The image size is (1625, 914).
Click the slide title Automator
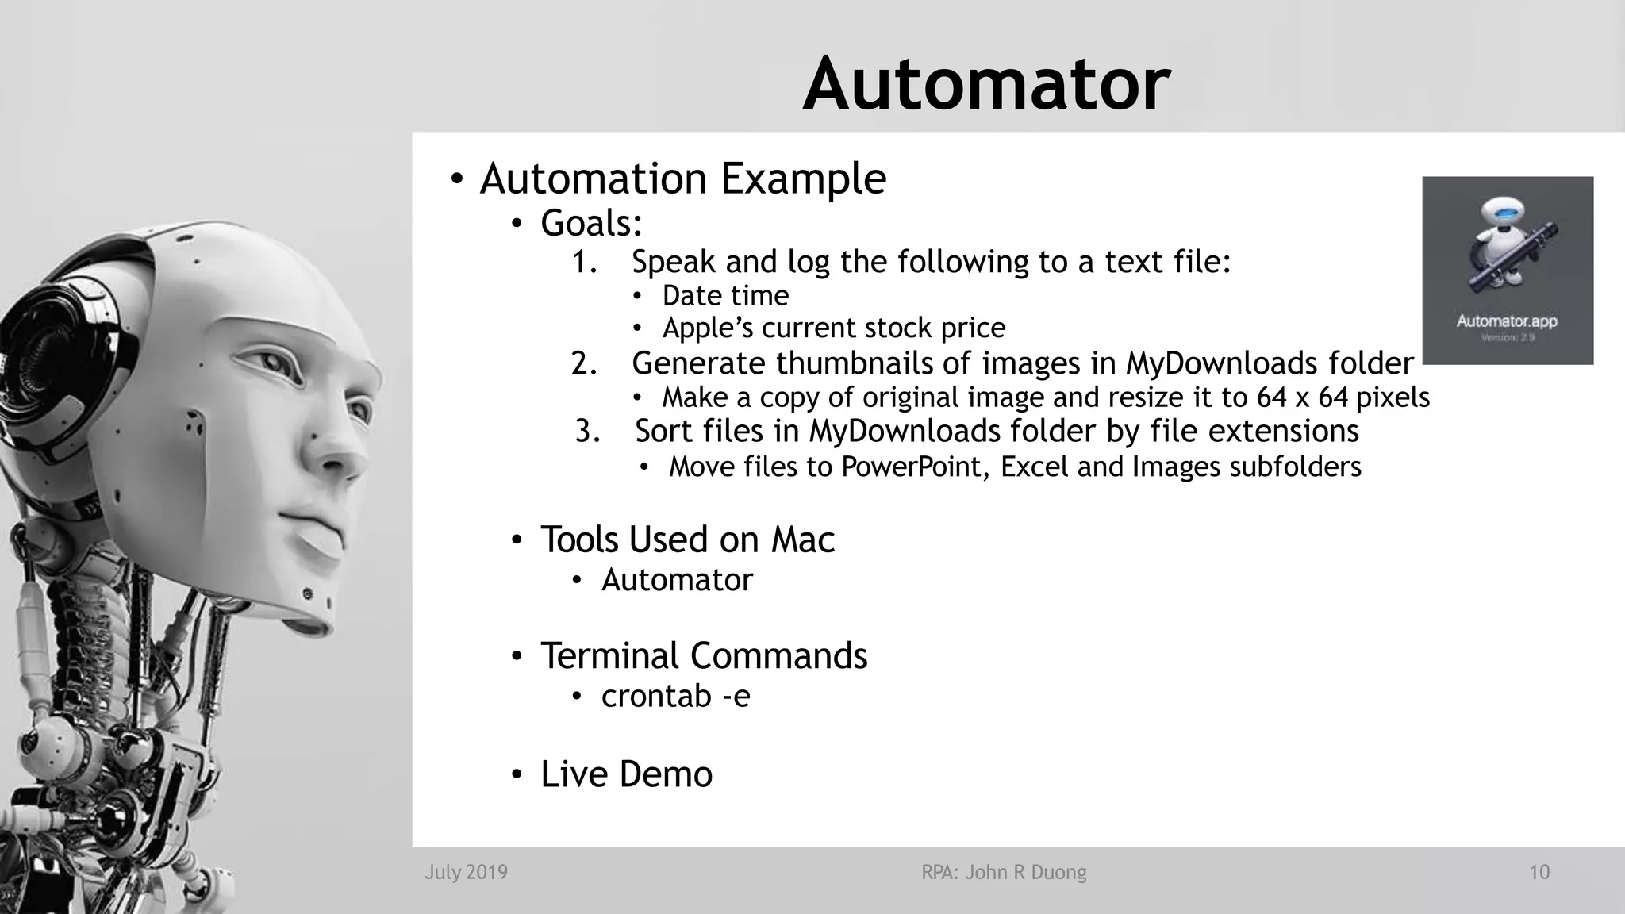[986, 84]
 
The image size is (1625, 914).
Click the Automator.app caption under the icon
[1506, 321]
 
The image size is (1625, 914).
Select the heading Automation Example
[682, 179]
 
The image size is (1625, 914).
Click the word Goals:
[591, 223]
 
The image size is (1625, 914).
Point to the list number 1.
[585, 262]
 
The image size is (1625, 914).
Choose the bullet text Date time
[725, 296]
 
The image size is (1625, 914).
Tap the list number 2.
[584, 363]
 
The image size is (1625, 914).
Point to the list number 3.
[587, 432]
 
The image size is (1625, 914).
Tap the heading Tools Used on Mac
[687, 540]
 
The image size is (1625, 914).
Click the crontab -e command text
[675, 696]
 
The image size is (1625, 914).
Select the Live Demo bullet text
[626, 774]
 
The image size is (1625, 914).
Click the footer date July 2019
[466, 873]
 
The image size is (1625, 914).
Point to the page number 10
[1539, 873]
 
